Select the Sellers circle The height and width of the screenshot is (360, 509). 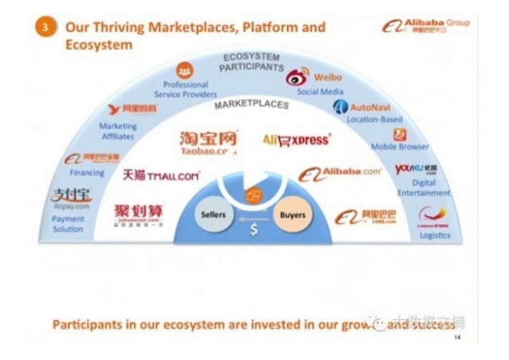[x=214, y=216]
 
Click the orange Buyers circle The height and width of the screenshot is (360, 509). [x=293, y=216]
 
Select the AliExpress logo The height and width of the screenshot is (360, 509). [x=296, y=140]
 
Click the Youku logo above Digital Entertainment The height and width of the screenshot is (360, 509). [x=416, y=169]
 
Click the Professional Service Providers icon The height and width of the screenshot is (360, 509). [x=185, y=69]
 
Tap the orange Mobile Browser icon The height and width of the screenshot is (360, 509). [x=400, y=134]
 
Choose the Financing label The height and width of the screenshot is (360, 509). [x=87, y=172]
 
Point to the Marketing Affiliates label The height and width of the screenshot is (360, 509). [x=117, y=131]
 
